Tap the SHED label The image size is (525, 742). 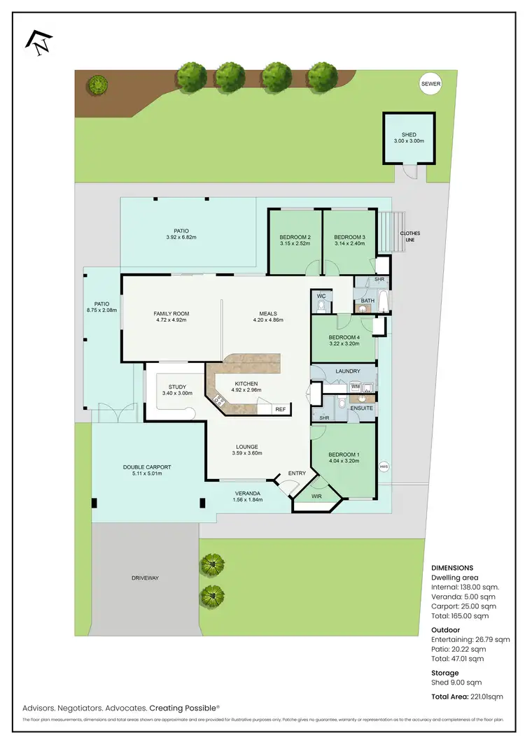[409, 135]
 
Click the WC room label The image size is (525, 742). [321, 297]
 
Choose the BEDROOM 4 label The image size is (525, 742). [344, 337]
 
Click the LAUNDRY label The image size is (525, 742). [347, 371]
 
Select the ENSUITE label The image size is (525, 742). [361, 407]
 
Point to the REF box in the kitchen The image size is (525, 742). [280, 409]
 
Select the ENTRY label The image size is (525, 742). [297, 473]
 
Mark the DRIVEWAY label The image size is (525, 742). [146, 578]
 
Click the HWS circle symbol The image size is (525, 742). [383, 467]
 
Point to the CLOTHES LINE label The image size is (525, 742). [410, 236]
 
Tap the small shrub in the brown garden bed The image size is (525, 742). [97, 85]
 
